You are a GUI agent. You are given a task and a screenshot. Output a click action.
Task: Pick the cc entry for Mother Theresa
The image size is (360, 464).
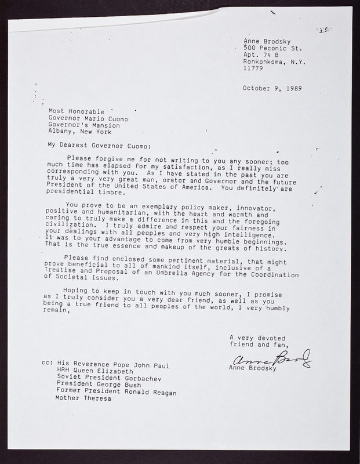click(82, 398)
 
